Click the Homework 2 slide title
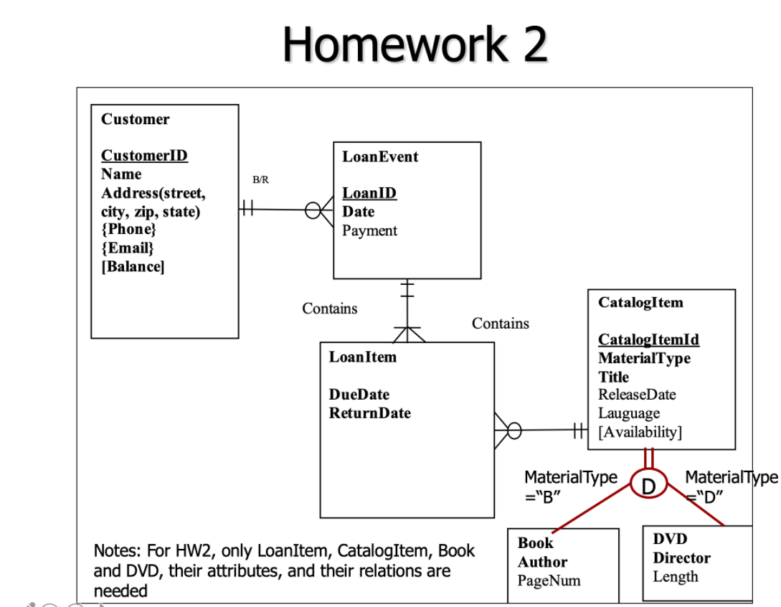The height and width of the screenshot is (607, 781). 415,44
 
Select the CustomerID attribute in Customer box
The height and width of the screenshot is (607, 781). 144,156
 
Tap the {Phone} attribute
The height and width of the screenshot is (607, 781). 128,230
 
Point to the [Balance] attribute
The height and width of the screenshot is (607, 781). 133,267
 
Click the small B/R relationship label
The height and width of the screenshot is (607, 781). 261,180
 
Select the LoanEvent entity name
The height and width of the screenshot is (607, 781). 380,157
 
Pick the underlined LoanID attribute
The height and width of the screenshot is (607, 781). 369,193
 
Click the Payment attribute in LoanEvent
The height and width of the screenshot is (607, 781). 369,230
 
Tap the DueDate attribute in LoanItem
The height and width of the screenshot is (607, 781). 359,395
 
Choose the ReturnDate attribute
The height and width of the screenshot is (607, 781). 369,413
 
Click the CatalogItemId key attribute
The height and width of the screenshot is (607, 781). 648,339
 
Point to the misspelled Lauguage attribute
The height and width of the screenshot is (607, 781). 629,413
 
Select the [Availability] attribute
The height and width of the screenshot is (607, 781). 640,432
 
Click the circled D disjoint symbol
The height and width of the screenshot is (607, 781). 648,486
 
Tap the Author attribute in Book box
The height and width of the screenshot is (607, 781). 542,563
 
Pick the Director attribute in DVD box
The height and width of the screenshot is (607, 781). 681,558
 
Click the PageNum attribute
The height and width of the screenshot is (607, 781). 549,580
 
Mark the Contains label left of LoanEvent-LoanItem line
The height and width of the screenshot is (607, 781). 329,309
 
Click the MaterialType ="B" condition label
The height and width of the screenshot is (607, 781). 570,486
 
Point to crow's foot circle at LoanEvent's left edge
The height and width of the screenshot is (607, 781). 313,210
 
